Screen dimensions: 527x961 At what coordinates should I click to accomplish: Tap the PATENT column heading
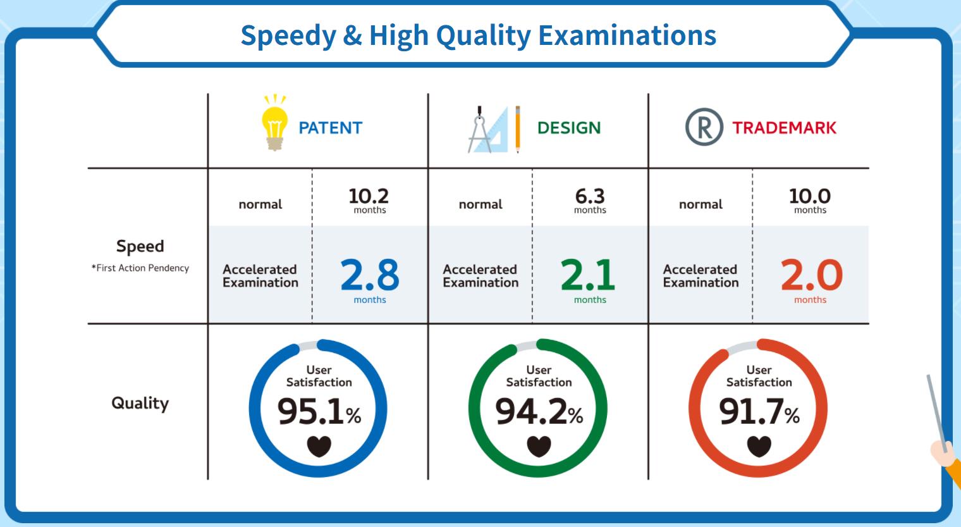point(330,128)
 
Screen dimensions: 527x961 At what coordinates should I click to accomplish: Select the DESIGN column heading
point(569,128)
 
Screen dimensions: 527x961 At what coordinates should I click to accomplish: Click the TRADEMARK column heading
point(784,128)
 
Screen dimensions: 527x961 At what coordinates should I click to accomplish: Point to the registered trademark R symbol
point(704,127)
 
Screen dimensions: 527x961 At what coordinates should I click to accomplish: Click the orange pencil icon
point(517,129)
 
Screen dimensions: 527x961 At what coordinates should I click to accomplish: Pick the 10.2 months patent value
point(369,200)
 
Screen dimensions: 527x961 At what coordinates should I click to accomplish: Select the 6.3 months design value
point(590,200)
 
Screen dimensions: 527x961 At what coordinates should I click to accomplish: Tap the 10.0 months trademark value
point(810,200)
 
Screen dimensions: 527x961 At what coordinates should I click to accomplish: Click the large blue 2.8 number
point(370,275)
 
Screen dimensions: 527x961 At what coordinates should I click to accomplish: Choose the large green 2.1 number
point(588,275)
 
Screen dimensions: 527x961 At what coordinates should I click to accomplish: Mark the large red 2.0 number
point(812,275)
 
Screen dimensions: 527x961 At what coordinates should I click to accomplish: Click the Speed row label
point(140,246)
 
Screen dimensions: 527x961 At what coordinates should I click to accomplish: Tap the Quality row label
point(140,403)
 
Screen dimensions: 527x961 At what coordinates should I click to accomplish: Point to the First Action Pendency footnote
point(140,268)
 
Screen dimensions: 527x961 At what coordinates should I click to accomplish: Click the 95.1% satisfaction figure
point(319,411)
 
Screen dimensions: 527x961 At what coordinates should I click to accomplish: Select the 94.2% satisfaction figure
point(539,411)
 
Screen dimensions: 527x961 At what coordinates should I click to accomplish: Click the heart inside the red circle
point(759,446)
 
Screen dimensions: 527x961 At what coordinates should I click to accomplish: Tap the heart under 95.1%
point(319,446)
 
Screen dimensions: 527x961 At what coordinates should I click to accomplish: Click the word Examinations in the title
point(627,35)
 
